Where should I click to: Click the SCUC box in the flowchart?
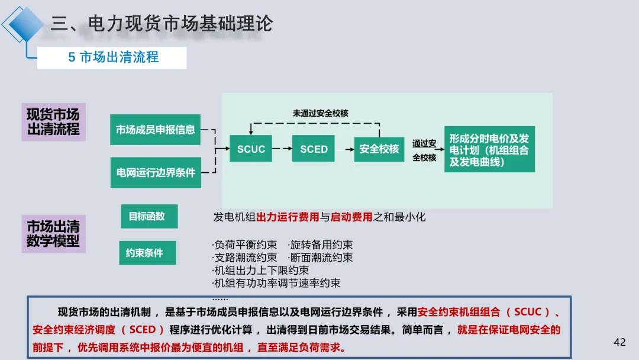(x=251, y=149)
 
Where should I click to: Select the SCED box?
(x=314, y=149)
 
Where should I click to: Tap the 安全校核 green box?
(x=379, y=149)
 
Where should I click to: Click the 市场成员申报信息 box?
(x=155, y=130)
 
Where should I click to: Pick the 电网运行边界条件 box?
(x=155, y=172)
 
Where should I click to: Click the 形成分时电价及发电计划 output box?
(x=489, y=149)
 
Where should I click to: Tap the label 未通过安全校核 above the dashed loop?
(x=321, y=112)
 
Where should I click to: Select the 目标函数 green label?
(x=147, y=216)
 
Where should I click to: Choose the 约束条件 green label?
(x=144, y=253)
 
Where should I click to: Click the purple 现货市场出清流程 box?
(x=53, y=121)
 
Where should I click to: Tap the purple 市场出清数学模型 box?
(x=53, y=233)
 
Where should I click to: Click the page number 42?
(x=619, y=342)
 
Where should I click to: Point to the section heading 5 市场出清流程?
(x=112, y=57)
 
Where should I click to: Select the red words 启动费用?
(x=351, y=217)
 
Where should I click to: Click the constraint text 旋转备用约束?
(x=321, y=245)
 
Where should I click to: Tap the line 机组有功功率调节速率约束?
(x=276, y=283)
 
